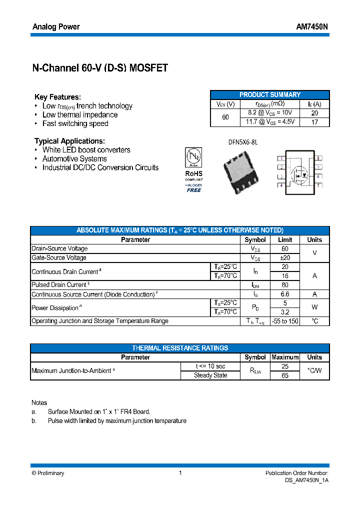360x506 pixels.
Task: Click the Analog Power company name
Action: [55, 26]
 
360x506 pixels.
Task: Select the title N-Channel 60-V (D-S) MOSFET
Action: [100, 68]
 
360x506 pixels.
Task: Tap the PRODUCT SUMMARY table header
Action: [270, 94]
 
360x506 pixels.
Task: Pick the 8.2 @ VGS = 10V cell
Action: [270, 113]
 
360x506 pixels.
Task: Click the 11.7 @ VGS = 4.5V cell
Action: [270, 121]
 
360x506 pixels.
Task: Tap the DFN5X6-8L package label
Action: [242, 142]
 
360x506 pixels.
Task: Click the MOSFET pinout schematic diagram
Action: [299, 171]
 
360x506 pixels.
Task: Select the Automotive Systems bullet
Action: [74, 158]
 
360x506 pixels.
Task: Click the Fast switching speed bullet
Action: [75, 123]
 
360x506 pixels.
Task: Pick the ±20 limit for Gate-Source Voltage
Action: [284, 257]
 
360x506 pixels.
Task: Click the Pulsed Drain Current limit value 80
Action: [284, 285]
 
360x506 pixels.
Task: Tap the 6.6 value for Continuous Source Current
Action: [284, 294]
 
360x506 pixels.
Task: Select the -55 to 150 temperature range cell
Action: [284, 321]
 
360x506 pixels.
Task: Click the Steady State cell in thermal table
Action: [210, 375]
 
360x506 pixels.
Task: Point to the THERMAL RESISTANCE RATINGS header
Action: [180, 348]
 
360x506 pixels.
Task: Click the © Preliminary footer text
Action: [48, 473]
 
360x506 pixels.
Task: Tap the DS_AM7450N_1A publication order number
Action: [306, 480]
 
